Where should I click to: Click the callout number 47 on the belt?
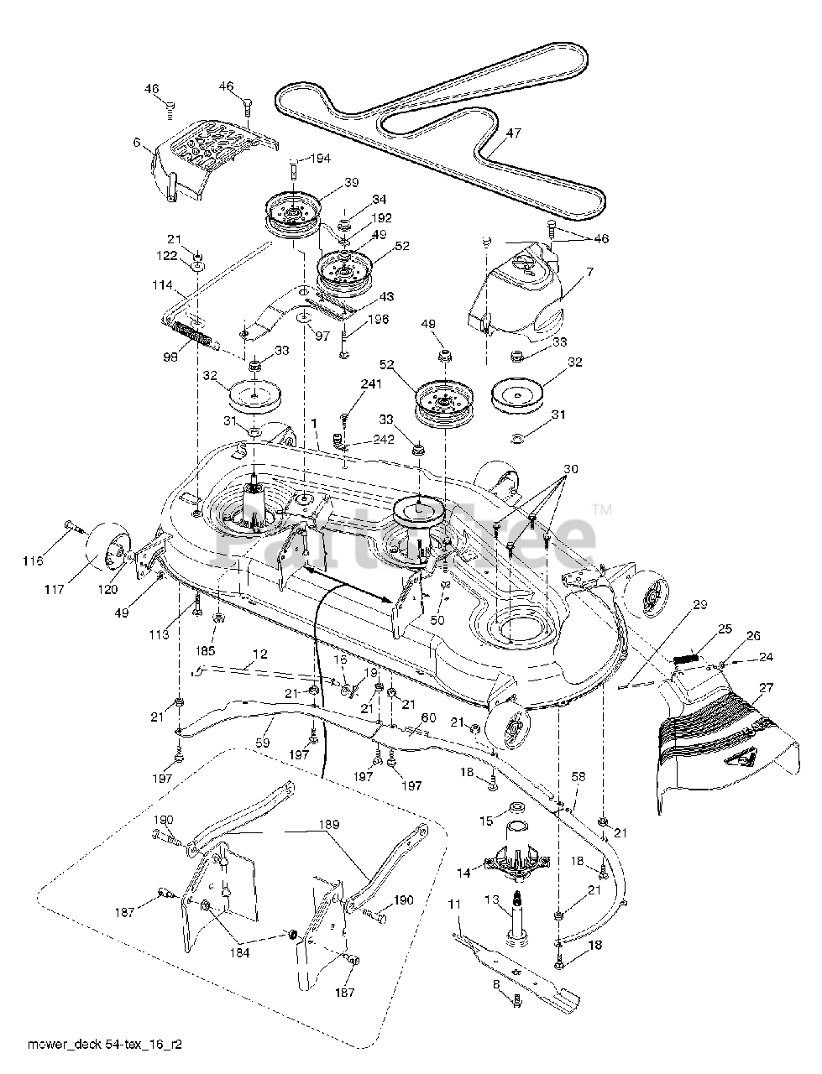[x=514, y=133]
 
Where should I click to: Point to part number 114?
[x=163, y=284]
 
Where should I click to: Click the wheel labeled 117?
[x=108, y=550]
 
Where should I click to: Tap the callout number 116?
[x=33, y=560]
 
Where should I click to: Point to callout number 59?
[x=263, y=743]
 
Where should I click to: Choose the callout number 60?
[x=428, y=717]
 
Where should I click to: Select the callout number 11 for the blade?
[x=455, y=905]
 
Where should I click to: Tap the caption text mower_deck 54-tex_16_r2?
[x=105, y=1040]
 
